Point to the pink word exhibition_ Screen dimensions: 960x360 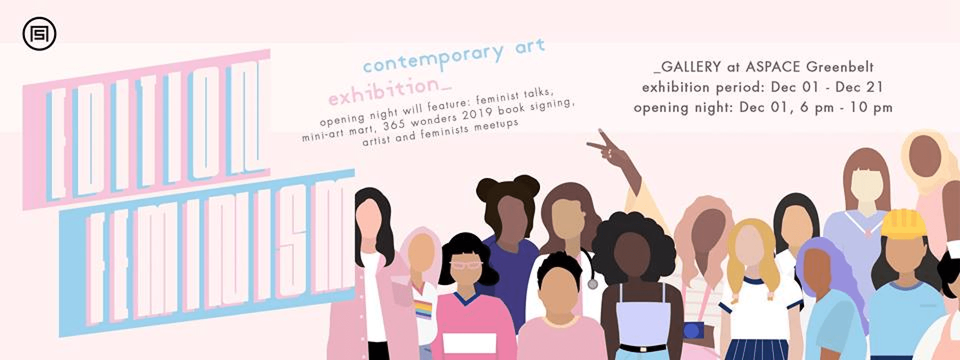coord(389,90)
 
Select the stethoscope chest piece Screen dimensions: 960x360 coord(593,284)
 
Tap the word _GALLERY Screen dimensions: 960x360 coord(687,66)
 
